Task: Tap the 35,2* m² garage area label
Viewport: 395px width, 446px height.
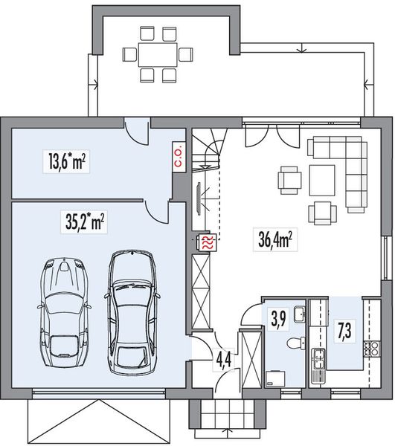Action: (x=82, y=221)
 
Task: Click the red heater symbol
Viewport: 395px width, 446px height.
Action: (x=206, y=242)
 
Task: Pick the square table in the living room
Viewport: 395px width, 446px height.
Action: (x=322, y=180)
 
